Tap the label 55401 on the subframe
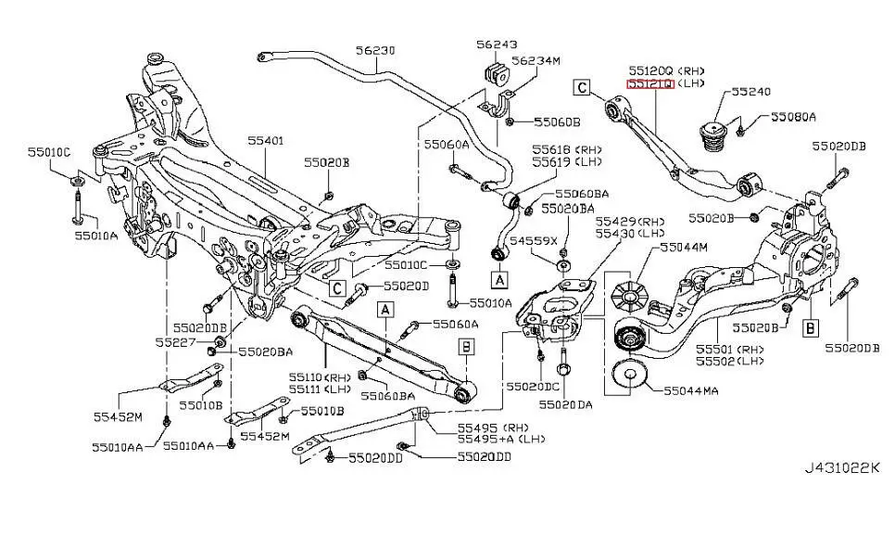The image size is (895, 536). tap(265, 141)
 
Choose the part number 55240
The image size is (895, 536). tap(750, 92)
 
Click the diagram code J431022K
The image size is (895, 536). tap(842, 467)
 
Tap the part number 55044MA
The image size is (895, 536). tap(691, 390)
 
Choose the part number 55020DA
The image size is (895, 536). tap(569, 404)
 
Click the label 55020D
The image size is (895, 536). tap(406, 286)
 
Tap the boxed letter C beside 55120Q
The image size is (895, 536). tap(582, 88)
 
